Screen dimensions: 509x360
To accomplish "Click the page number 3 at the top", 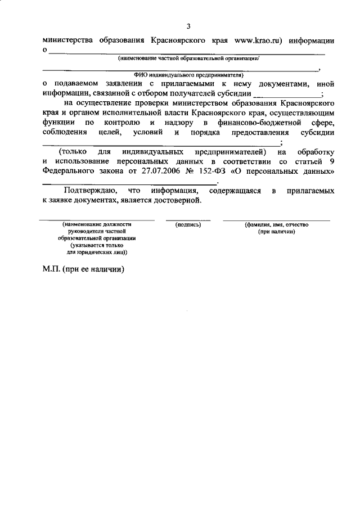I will [x=189, y=26].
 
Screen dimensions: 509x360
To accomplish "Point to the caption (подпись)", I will [x=188, y=225].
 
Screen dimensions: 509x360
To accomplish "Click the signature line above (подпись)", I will [x=188, y=220].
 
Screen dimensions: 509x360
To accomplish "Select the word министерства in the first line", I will [x=67, y=40].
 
